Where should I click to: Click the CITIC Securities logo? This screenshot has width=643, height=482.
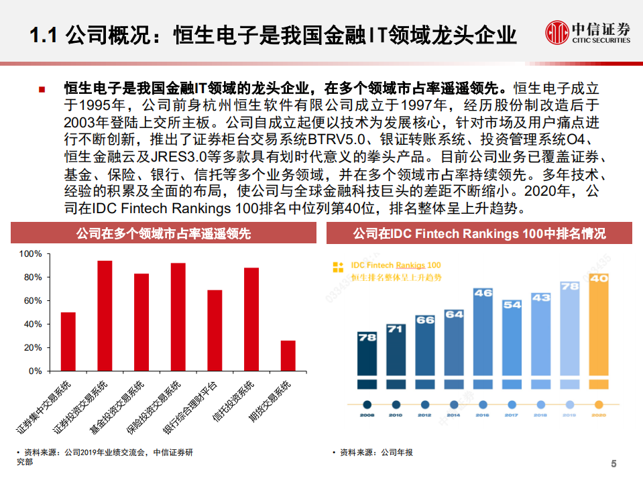(587, 32)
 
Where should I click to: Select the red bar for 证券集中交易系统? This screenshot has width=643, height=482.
(68, 341)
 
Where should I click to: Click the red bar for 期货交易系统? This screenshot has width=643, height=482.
(288, 355)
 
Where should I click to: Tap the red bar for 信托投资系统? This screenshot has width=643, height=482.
(251, 319)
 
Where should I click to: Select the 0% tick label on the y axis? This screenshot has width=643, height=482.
(35, 371)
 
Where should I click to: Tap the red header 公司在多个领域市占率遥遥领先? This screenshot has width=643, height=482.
(164, 233)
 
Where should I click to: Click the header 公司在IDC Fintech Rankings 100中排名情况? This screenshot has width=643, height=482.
(479, 233)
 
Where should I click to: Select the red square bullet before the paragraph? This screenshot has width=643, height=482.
(42, 89)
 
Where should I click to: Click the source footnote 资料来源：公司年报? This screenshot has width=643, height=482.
(376, 453)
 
